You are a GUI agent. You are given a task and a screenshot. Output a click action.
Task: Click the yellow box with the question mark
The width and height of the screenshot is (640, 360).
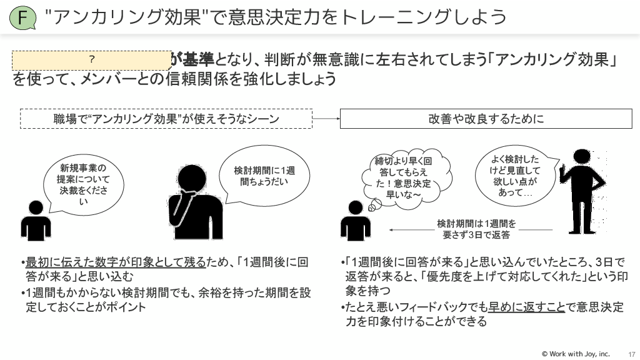point(91,59)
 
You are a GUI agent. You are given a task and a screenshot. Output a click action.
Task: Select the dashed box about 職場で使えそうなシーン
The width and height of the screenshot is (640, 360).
point(166,119)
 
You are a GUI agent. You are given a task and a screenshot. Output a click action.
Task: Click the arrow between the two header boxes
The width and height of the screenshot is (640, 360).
point(326,119)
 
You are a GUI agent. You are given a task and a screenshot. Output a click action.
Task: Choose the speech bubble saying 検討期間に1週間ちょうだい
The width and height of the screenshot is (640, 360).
point(264,176)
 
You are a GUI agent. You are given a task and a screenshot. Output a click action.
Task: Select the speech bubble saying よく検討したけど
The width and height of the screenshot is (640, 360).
point(515,176)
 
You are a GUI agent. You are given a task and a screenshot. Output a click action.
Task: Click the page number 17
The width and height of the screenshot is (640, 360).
point(631,354)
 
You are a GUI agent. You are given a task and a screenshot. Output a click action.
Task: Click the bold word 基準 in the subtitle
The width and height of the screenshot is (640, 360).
point(197,60)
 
